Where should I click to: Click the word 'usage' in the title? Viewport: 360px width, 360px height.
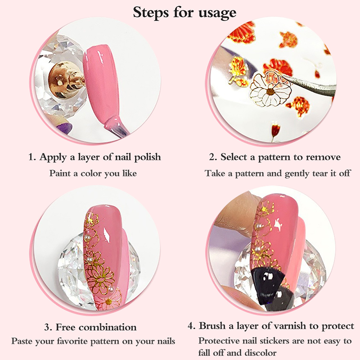tap(217, 13)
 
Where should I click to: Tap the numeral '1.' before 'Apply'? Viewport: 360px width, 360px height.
tap(32, 157)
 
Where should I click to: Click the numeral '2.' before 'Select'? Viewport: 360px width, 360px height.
tap(213, 157)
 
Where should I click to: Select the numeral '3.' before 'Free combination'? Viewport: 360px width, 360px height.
tap(49, 328)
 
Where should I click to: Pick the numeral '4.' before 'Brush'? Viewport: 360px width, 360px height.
tap(192, 326)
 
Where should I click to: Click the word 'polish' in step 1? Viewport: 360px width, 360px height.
tap(148, 157)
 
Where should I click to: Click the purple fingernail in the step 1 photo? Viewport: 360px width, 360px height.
tap(64, 127)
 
